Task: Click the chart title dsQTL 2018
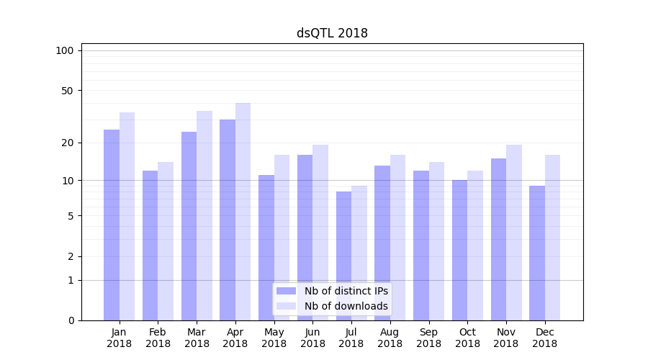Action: tap(332, 33)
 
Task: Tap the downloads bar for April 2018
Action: tap(243, 212)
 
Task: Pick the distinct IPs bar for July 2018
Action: tap(343, 256)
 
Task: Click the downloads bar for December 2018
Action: tap(552, 238)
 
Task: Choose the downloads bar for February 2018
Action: tap(166, 241)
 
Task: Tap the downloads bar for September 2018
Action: tap(436, 241)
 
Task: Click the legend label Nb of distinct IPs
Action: tap(346, 291)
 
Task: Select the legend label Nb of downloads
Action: tap(346, 306)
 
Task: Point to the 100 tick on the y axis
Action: tap(65, 50)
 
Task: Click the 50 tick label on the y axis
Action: tap(68, 91)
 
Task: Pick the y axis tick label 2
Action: tap(71, 256)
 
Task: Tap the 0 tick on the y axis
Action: tap(71, 320)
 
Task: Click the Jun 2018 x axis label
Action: tap(312, 338)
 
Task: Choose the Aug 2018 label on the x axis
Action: tap(390, 338)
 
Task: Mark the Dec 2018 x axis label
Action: tap(544, 338)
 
